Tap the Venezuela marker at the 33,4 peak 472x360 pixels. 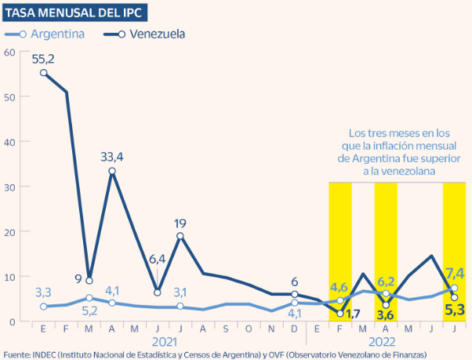click(113, 171)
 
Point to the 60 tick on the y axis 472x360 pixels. click(9, 52)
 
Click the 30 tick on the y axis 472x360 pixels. click(9, 187)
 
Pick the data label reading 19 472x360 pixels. click(180, 222)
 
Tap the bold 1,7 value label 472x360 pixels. click(353, 314)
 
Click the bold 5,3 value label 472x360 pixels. click(456, 311)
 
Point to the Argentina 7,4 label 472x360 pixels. click(455, 273)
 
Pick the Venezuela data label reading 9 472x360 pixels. click(78, 277)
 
